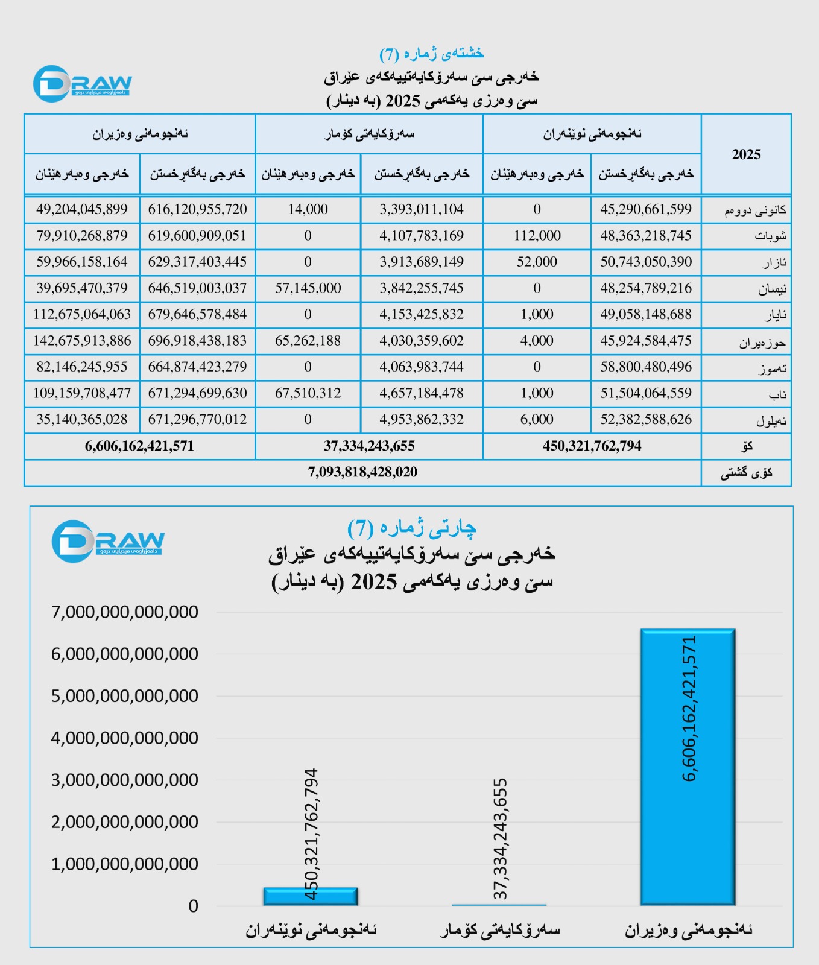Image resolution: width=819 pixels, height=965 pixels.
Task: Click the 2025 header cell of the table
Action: [x=746, y=154]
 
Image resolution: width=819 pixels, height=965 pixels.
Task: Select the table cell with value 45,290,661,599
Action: [x=646, y=209]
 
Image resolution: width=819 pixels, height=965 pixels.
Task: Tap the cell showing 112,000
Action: [x=537, y=236]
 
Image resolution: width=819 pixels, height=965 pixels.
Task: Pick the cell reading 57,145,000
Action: [x=308, y=288]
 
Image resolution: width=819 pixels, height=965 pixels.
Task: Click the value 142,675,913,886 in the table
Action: [x=82, y=341]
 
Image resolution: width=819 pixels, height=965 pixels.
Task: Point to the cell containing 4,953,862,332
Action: [x=422, y=419]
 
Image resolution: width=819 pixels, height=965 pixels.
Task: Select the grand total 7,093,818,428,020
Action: [x=362, y=472]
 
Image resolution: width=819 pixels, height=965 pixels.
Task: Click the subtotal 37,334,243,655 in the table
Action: [x=369, y=446]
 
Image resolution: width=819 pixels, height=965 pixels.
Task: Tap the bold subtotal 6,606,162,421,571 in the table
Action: [x=139, y=446]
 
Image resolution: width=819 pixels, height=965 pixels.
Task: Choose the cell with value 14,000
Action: [x=308, y=209]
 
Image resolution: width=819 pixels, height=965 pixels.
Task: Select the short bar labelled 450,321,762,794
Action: [x=311, y=896]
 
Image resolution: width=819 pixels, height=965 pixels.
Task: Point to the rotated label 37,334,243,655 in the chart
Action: [x=500, y=838]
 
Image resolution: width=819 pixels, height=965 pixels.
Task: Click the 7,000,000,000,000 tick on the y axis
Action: [x=125, y=612]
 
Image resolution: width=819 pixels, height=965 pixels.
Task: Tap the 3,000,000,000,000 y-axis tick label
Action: [x=125, y=780]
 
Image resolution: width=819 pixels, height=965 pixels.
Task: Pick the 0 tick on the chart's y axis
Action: [x=193, y=906]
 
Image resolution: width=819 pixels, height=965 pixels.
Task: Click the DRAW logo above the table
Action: [x=83, y=84]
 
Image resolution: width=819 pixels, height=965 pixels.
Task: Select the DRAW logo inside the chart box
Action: [x=108, y=541]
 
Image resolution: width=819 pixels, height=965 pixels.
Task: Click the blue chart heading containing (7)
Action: [x=412, y=528]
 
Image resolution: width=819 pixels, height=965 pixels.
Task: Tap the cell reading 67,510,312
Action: [x=308, y=393]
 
